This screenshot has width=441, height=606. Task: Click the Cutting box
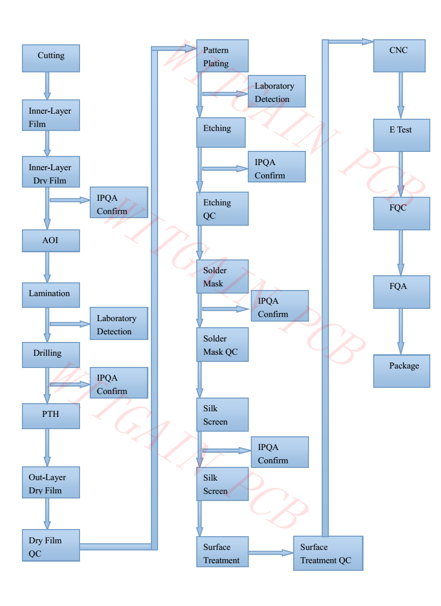tap(51, 59)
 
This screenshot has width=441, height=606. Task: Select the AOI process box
tap(51, 241)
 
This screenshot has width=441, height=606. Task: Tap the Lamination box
tap(51, 295)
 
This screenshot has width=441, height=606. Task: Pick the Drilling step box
tap(51, 355)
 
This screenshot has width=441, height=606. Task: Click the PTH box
tap(51, 416)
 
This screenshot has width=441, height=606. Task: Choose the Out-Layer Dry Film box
tap(51, 482)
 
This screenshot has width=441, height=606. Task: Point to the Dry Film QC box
tap(51, 545)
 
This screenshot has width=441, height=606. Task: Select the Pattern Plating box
tap(223, 56)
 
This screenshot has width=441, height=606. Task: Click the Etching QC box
tap(223, 208)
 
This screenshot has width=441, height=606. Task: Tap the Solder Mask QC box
tap(223, 345)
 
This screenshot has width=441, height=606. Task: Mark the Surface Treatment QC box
tap(328, 553)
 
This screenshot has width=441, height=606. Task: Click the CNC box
tap(399, 56)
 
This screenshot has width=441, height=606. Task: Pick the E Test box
tap(402, 135)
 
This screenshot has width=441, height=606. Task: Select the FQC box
tap(402, 214)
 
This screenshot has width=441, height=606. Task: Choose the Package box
tap(402, 371)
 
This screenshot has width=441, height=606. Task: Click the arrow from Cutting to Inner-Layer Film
tap(47, 86)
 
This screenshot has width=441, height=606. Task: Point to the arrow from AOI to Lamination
tap(47, 268)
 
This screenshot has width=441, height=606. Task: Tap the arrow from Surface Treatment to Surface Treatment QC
tap(271, 552)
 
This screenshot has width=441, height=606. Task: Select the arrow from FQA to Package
tap(401, 332)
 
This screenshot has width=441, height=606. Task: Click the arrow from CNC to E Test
tap(401, 95)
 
